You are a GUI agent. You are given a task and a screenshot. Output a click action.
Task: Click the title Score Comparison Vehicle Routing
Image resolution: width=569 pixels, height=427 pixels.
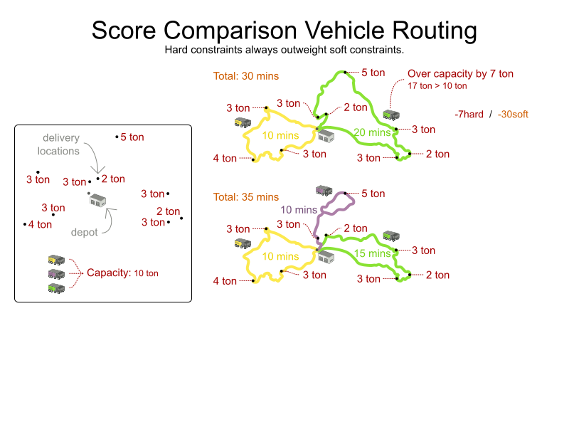point(284,31)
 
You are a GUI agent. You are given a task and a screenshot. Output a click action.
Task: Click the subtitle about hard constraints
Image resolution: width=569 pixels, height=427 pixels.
point(284,51)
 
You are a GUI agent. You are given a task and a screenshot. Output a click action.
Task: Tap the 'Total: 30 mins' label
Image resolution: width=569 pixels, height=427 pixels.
point(246,76)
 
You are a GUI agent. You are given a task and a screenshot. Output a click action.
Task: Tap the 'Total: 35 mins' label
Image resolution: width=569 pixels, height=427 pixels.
point(246,197)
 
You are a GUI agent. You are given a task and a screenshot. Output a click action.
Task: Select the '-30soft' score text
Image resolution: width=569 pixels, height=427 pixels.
point(513,114)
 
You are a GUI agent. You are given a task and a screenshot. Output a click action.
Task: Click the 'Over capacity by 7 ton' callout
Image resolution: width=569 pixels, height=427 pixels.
point(460,73)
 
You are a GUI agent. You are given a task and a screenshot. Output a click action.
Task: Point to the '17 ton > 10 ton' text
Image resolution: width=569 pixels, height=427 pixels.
point(437,86)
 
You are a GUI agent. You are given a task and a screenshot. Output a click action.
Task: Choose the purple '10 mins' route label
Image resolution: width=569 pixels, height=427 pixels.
point(299,210)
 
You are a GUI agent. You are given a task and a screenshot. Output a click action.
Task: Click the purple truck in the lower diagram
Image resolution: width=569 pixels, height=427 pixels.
point(324,190)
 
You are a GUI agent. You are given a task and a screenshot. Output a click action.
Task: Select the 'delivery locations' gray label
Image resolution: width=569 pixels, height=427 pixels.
point(61,144)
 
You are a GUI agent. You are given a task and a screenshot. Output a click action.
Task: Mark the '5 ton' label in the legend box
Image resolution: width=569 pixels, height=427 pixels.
point(132,137)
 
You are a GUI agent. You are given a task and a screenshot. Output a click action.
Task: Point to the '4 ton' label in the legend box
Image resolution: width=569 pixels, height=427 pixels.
point(40,224)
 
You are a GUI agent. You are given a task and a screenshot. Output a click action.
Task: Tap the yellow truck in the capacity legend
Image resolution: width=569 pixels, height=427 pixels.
point(56,260)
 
